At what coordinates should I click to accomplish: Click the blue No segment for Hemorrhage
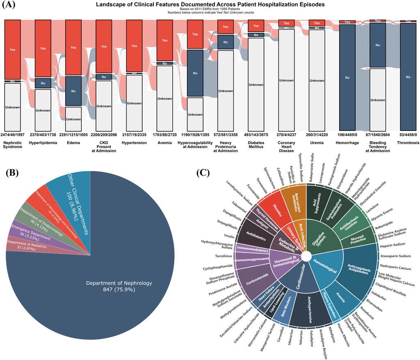click(x=347, y=77)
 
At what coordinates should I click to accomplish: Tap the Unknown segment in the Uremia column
click(x=317, y=80)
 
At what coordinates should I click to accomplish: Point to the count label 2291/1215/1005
click(x=73, y=135)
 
